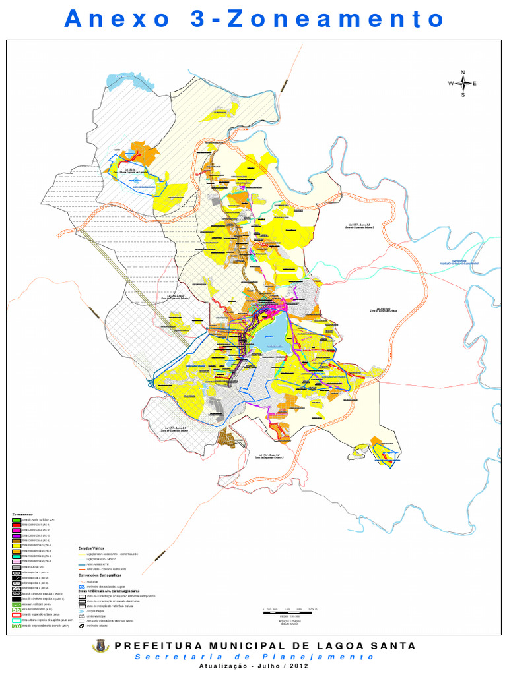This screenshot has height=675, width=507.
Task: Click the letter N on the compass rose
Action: [463, 72]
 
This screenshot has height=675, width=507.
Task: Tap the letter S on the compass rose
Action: [463, 94]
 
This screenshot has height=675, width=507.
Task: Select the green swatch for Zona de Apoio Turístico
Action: [16, 520]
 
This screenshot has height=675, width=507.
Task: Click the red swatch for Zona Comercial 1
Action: [16, 525]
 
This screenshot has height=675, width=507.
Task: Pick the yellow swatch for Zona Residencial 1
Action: [16, 546]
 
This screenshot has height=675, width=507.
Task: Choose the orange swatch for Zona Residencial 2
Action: [16, 551]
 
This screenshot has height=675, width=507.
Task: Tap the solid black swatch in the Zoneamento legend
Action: [16, 598]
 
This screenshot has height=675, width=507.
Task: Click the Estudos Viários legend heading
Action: [92, 548]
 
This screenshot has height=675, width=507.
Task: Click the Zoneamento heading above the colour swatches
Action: [24, 514]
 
